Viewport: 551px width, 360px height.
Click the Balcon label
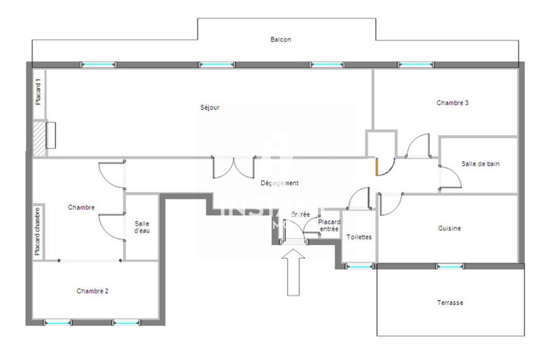(280, 40)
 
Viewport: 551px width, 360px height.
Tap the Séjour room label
(209, 107)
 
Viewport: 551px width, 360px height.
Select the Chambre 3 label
(453, 103)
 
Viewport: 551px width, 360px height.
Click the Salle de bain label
(480, 164)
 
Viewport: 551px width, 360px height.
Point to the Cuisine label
(449, 229)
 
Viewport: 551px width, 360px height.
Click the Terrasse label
(450, 303)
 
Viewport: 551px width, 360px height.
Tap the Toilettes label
(360, 237)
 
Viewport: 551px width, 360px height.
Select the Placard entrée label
(329, 226)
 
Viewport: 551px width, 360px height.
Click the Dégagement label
(279, 183)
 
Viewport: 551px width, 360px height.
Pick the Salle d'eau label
(142, 226)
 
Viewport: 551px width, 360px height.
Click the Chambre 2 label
(92, 291)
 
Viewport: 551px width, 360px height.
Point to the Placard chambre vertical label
(39, 231)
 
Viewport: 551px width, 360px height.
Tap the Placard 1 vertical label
(39, 92)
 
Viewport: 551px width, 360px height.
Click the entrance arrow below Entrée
(293, 273)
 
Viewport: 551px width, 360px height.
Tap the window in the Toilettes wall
(358, 266)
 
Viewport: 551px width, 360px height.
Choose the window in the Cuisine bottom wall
(449, 266)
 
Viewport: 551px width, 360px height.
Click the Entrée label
(300, 215)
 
